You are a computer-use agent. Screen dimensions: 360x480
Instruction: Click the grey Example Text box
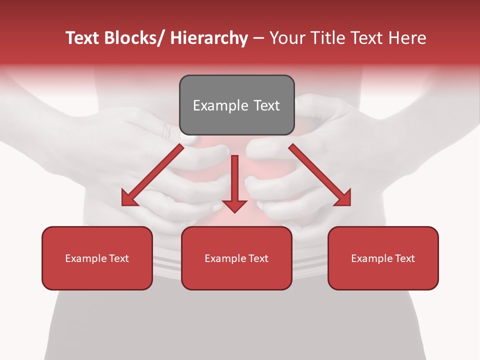pyautogui.click(x=236, y=105)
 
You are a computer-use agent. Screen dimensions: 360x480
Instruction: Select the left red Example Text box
pyautogui.click(x=97, y=258)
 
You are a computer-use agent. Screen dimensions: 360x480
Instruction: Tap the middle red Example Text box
pyautogui.click(x=236, y=258)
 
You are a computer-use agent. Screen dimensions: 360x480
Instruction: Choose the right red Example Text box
pyautogui.click(x=383, y=258)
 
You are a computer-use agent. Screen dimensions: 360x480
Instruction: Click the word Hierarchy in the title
pyautogui.click(x=208, y=38)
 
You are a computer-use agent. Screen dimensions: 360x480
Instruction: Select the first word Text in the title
pyautogui.click(x=82, y=38)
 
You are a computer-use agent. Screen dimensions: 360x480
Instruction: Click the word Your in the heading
pyautogui.click(x=286, y=38)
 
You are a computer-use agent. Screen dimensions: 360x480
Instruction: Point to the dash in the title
pyautogui.click(x=258, y=39)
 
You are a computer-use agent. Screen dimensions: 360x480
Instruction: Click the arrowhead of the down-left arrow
pyautogui.click(x=129, y=199)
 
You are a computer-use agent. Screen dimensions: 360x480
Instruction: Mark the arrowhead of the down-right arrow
pyautogui.click(x=343, y=198)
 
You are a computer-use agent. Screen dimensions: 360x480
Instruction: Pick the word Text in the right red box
pyautogui.click(x=405, y=258)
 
